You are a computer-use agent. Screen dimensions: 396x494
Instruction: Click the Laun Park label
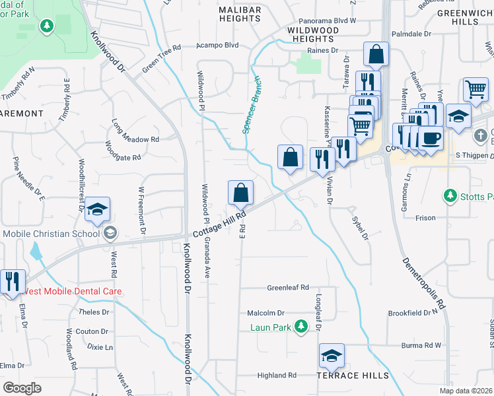point(270,327)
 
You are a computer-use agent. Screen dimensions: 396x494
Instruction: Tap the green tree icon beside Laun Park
point(301,326)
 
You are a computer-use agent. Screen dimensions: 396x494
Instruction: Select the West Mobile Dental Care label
point(73,291)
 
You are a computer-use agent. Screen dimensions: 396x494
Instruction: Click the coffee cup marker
point(431,139)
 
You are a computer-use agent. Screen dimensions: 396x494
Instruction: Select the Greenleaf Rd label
point(288,288)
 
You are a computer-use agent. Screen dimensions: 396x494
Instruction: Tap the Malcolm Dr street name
point(265,313)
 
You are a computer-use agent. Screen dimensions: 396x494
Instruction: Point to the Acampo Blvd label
point(217,46)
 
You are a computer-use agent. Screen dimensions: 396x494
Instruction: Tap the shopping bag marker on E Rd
point(240,193)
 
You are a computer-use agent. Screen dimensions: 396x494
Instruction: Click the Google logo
point(22,387)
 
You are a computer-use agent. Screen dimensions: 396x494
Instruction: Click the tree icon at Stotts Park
point(450,196)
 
